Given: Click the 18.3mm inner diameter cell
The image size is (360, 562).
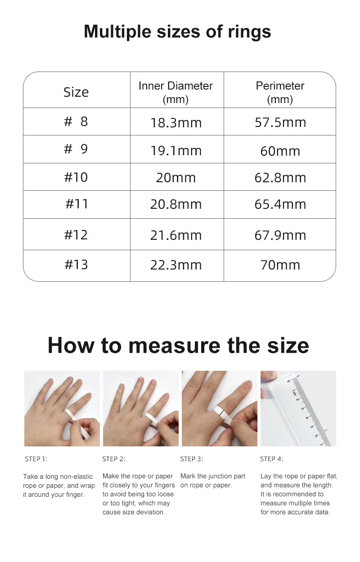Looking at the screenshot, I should coord(176,122).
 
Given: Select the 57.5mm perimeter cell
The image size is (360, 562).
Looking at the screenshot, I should coord(280,122).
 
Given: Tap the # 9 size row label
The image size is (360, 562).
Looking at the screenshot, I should coord(76,149).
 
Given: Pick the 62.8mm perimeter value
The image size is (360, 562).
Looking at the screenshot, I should coord(280,177).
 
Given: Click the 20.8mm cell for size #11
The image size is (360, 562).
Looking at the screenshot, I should coord(176,204).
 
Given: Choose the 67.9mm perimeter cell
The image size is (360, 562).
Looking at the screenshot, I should coord(280,235).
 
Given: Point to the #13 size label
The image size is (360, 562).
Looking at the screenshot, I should coord(76,265).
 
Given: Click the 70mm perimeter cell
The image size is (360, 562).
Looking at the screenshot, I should coord(280,265).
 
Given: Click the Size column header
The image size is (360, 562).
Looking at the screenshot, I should coord(76,92).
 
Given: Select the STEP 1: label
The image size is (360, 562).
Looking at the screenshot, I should coord(36,459).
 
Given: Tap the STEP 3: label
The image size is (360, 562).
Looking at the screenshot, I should coord(192,459).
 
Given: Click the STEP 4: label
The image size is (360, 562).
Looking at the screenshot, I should coord(272,459).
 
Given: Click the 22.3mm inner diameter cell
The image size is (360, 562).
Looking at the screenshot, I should coord(176,265).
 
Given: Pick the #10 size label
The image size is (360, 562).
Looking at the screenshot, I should coord(76,177).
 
